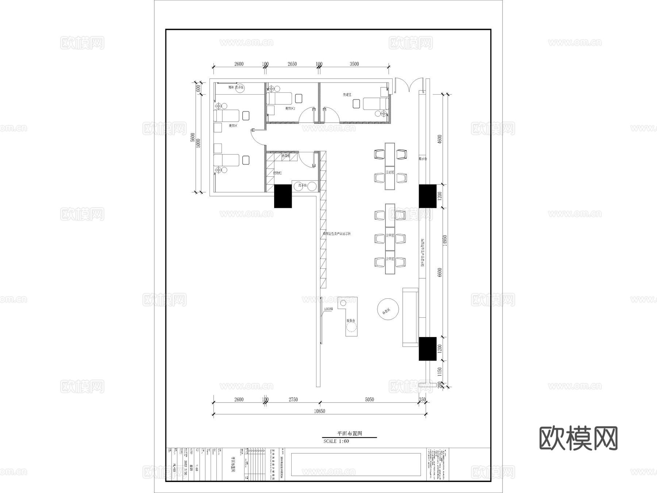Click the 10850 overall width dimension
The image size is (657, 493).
[319, 411]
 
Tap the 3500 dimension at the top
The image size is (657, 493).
[354, 64]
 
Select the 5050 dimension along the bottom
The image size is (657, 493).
[369, 400]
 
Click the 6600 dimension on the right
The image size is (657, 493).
[439, 272]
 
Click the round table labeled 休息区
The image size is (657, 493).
[388, 309]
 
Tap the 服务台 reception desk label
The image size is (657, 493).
[351, 321]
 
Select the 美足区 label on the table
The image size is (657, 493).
[390, 172]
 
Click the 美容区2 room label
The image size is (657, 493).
[290, 108]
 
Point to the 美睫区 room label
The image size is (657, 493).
[347, 95]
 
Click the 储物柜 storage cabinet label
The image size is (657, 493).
[277, 173]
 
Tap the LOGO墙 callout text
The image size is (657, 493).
[328, 309]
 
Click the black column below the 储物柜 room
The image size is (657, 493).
[283, 196]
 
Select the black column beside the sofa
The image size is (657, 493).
[427, 348]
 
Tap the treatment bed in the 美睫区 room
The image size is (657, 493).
[376, 103]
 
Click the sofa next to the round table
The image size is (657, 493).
[410, 317]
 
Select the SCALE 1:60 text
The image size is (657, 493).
[336, 441]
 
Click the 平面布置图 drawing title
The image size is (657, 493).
[349, 433]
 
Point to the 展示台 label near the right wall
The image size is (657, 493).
[423, 159]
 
